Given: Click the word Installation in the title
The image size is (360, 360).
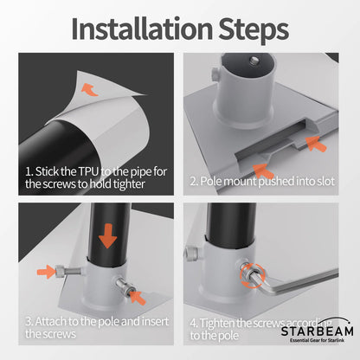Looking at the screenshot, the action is [142, 29].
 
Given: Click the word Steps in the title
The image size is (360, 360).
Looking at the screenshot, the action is [254, 30].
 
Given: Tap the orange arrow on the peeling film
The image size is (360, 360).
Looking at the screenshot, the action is [90, 89].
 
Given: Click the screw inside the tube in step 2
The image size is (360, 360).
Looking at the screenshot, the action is [254, 61].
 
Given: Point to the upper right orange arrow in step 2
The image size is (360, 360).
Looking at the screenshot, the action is [316, 144].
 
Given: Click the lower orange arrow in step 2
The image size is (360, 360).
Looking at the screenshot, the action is [263, 171].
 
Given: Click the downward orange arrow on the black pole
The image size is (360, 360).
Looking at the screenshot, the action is [107, 236].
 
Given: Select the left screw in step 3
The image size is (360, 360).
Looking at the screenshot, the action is [68, 271].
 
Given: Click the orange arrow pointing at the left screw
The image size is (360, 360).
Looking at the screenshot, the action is [46, 272].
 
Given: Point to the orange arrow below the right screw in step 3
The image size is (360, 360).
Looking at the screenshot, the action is [138, 298].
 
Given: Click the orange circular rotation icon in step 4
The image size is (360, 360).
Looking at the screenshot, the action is [252, 276].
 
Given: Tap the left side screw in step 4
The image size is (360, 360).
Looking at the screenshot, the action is [192, 254].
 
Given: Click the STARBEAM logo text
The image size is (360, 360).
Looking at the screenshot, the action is [318, 331].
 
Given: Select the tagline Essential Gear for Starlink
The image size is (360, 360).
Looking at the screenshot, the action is [317, 340].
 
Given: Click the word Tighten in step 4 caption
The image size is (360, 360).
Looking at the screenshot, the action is [217, 323].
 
